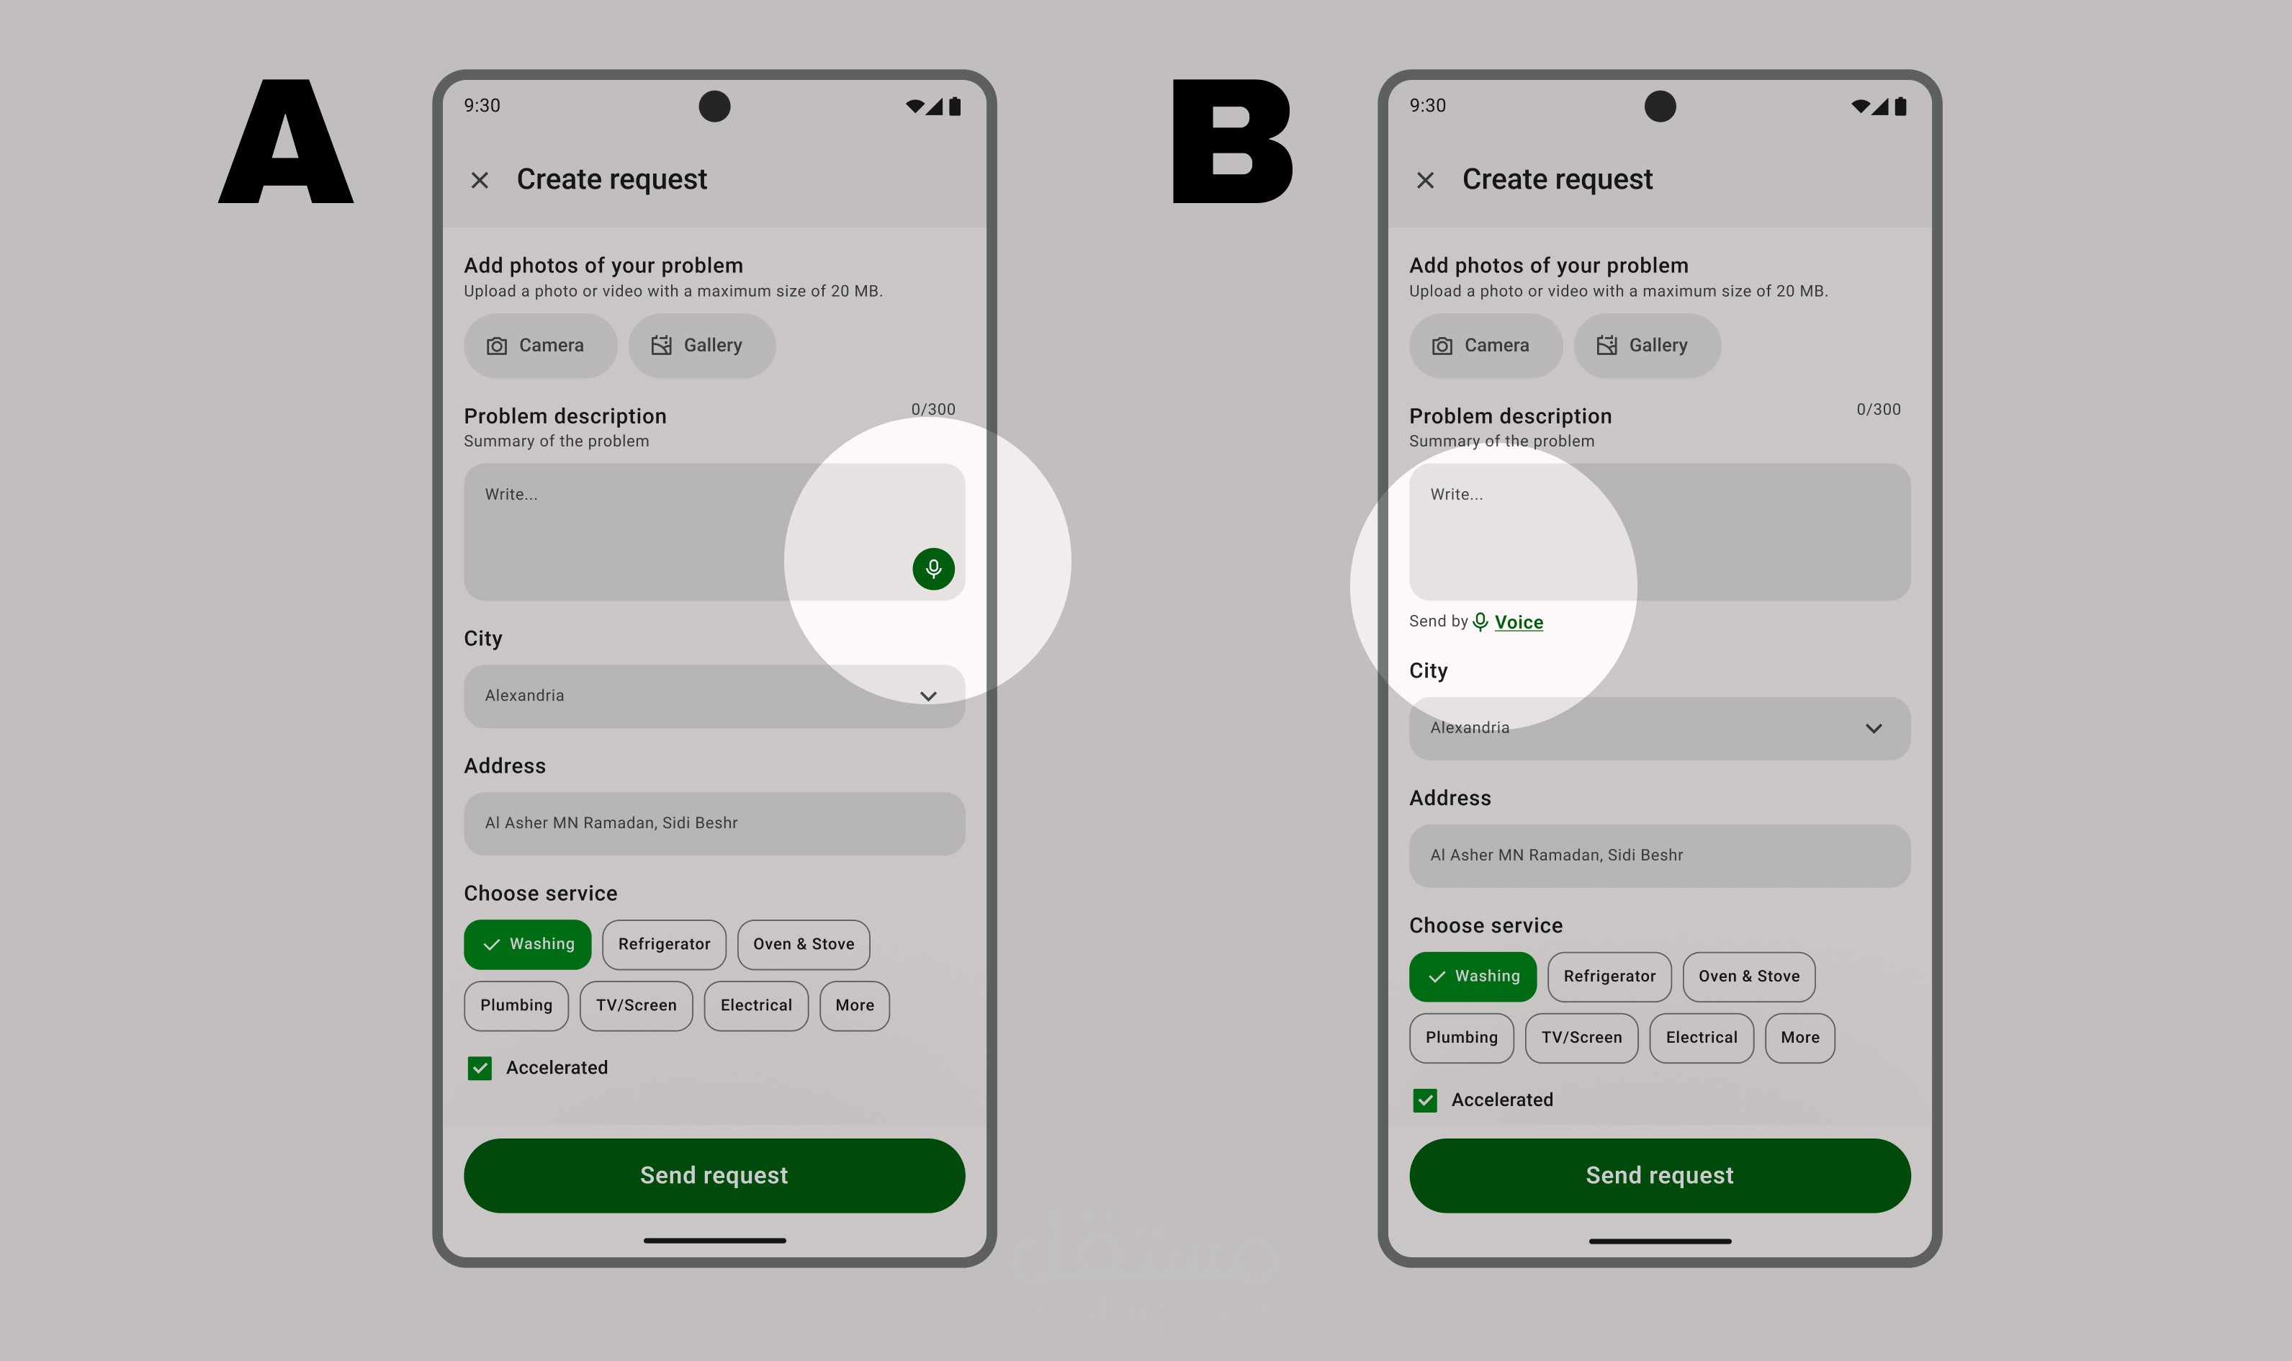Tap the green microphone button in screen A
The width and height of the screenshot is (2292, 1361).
933,569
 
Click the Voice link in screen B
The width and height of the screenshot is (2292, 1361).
1518,621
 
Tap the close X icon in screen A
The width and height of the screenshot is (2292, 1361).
480,180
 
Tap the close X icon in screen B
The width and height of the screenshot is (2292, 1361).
1425,180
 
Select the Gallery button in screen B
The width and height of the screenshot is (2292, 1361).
1647,346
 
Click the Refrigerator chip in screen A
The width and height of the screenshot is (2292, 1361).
664,945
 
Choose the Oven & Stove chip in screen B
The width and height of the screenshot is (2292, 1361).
1748,976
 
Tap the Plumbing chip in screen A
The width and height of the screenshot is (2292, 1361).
516,1006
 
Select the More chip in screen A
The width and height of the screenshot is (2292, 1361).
855,1006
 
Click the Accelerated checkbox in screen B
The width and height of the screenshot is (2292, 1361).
1425,1100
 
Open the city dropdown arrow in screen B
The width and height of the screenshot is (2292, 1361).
1874,728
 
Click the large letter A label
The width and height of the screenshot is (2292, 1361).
286,141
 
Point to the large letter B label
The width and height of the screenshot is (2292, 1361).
1232,141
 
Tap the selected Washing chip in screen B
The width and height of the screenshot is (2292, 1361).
1473,976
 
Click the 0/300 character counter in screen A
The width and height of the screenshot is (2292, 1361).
933,409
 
